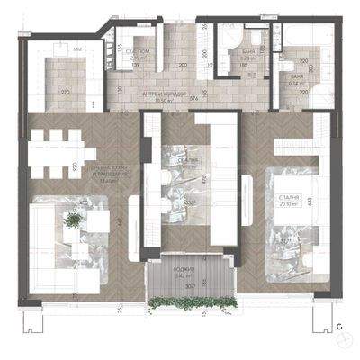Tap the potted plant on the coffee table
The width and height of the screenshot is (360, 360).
(70, 218)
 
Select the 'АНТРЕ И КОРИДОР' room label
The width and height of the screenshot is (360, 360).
(163, 96)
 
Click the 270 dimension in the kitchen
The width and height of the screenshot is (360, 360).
(65, 92)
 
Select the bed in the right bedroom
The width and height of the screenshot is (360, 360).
(292, 236)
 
